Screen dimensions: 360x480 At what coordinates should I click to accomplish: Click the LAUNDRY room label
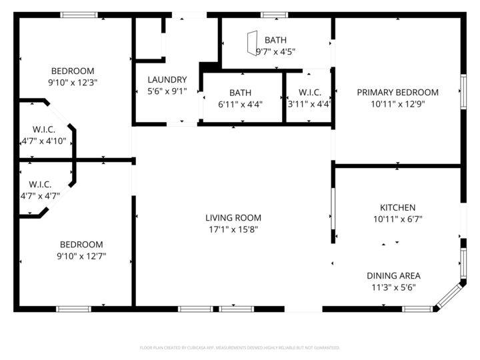pyautogui.click(x=167, y=79)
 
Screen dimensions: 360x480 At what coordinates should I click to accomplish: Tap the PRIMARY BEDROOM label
pyautogui.click(x=397, y=93)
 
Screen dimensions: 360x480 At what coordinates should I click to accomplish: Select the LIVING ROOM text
pyautogui.click(x=233, y=217)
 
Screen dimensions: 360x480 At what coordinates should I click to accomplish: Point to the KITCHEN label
pyautogui.click(x=397, y=207)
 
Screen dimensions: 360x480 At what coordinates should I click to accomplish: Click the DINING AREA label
pyautogui.click(x=393, y=276)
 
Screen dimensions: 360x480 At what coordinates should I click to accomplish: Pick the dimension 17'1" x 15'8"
pyautogui.click(x=233, y=229)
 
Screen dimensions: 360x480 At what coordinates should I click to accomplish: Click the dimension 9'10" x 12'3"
pyautogui.click(x=73, y=83)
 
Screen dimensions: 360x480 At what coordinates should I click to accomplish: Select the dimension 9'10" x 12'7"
pyautogui.click(x=81, y=256)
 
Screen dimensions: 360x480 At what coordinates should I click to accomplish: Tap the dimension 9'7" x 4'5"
pyautogui.click(x=275, y=51)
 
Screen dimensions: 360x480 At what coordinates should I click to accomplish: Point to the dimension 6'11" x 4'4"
pyautogui.click(x=240, y=104)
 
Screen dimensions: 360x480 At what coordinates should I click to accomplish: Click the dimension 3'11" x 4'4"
pyautogui.click(x=309, y=104)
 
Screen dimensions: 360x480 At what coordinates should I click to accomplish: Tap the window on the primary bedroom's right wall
pyautogui.click(x=463, y=91)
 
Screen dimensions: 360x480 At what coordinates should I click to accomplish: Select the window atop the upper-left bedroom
pyautogui.click(x=79, y=15)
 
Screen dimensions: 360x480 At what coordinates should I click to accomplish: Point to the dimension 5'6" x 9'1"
pyautogui.click(x=167, y=91)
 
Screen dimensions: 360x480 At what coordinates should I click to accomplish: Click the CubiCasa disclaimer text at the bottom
pyautogui.click(x=239, y=347)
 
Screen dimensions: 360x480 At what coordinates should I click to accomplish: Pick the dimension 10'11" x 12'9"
pyautogui.click(x=397, y=104)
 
